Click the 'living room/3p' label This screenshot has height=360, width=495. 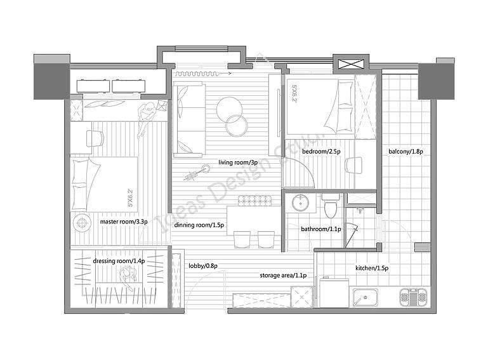point(238,163)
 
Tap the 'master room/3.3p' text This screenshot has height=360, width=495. point(124,222)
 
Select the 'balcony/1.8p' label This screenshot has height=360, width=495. point(406,152)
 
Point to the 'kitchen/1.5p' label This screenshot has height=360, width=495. point(372,268)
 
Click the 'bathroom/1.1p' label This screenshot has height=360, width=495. point(321,229)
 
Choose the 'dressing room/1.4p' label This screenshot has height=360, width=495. point(119,261)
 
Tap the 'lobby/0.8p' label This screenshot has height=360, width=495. point(203,266)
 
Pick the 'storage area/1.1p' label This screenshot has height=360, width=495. point(283,276)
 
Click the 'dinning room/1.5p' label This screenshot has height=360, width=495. point(199,225)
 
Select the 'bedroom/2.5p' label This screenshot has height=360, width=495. point(321,152)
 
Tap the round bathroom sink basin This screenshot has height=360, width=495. point(300,203)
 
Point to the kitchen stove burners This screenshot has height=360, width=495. point(414,297)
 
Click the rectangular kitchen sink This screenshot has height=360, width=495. point(366,298)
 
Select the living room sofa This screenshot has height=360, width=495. point(188,119)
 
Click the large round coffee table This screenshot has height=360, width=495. point(230,110)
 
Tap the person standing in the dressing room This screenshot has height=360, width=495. point(128,277)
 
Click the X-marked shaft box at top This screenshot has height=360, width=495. point(351,63)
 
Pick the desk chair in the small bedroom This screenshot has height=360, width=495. point(353,165)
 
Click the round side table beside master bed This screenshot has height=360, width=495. point(82,223)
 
